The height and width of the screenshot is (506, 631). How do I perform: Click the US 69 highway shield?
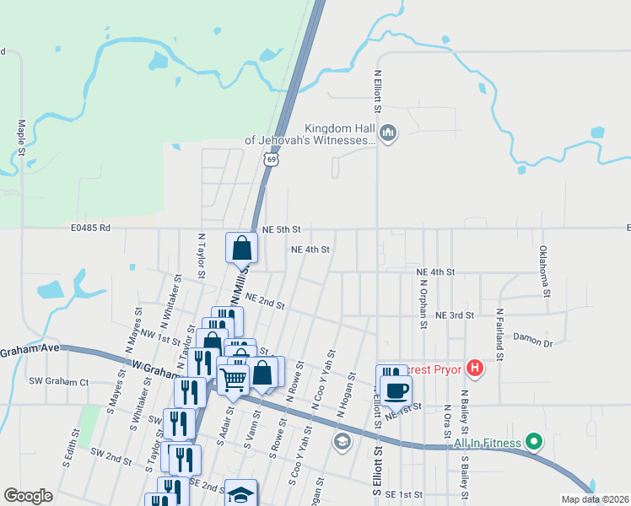tap(270, 158)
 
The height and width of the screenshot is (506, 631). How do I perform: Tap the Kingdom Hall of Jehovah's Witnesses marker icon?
tap(388, 132)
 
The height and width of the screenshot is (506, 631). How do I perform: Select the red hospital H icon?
tap(475, 368)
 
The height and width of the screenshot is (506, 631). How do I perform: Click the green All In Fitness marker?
tap(533, 440)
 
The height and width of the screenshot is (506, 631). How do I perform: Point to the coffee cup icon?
tap(396, 390)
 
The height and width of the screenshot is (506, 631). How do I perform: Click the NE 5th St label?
tap(281, 229)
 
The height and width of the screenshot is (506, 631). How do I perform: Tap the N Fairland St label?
tap(499, 334)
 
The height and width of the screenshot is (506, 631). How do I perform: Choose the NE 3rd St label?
tap(455, 315)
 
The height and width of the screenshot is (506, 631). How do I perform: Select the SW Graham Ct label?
tap(59, 381)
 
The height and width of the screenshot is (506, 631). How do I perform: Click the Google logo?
tap(28, 496)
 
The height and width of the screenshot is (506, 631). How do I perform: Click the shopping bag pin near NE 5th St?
tap(241, 248)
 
